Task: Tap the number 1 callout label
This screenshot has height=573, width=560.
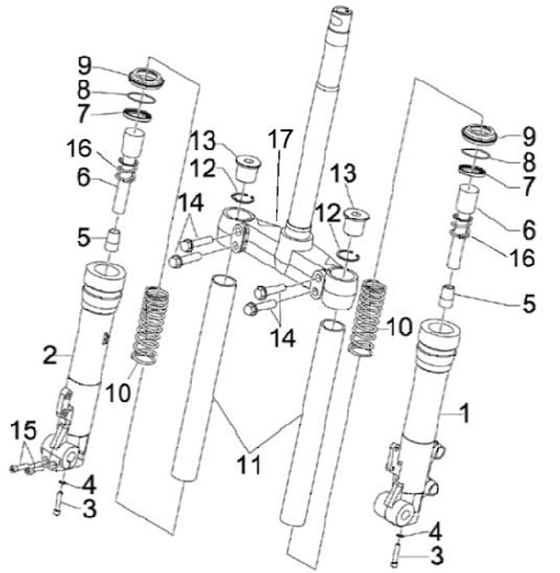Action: coord(464,415)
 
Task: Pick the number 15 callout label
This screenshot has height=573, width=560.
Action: coord(24,428)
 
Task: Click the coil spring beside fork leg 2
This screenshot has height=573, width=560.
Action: coord(152,325)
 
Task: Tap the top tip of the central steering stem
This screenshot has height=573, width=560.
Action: coord(341,10)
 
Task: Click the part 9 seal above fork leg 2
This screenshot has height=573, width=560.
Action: coord(145,76)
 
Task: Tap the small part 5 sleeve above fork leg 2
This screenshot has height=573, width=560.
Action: coord(114,237)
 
